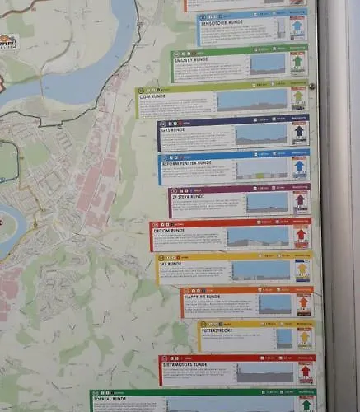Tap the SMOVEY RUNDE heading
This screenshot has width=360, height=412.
[188, 59]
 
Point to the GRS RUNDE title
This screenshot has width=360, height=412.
[171, 130]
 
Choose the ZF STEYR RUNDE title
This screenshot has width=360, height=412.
[188, 198]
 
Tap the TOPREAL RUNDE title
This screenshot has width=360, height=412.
[109, 399]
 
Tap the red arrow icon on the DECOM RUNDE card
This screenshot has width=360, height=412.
[302, 236]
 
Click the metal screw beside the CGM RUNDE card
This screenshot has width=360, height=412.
[312, 87]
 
